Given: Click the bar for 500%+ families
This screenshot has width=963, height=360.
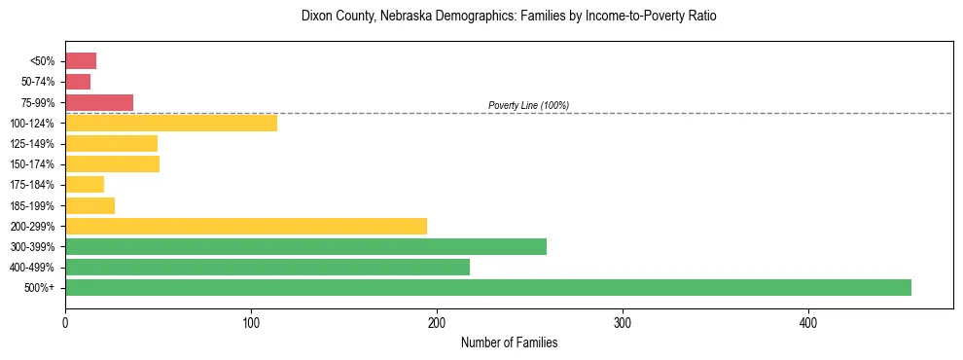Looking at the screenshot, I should pos(487,287).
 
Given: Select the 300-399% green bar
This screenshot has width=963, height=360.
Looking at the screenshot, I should pos(305,246).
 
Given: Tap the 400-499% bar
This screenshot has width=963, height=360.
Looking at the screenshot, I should pos(267,267).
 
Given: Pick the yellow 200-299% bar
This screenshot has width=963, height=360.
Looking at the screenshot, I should pos(246,226).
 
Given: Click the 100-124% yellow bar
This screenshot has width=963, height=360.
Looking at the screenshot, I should pos(171,123).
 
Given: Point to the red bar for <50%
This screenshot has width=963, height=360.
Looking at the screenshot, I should pos(81,61).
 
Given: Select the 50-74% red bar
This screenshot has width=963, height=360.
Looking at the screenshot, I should pos(78,82).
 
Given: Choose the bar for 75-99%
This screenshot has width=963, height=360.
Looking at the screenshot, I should pos(99,102).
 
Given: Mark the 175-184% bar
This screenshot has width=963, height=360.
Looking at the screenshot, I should pos(85,185).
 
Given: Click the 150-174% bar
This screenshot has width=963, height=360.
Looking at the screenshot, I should pos(112,164).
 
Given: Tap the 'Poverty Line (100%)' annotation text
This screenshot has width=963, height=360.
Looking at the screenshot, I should pos(528,105).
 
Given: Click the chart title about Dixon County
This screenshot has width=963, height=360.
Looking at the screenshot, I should pos(509,17).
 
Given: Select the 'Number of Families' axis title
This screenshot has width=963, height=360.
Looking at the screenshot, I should pos(509,342).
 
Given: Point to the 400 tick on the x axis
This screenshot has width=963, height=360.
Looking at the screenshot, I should pos(808,322).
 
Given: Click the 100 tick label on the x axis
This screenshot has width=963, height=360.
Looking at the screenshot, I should pos(251,322).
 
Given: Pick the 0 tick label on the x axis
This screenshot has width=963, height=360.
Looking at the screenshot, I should pos(65,322).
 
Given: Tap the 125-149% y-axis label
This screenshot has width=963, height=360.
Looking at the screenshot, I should pos(32,144).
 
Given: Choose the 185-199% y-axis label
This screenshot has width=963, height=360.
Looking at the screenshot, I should pos(32,205).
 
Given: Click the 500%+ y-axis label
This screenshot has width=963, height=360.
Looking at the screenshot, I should pos(39,288).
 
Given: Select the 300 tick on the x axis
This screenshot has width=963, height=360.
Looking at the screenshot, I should pos(623,322).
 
